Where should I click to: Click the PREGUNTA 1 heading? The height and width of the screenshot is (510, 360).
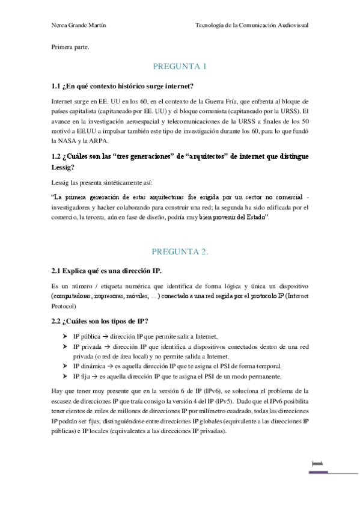[180, 66]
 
